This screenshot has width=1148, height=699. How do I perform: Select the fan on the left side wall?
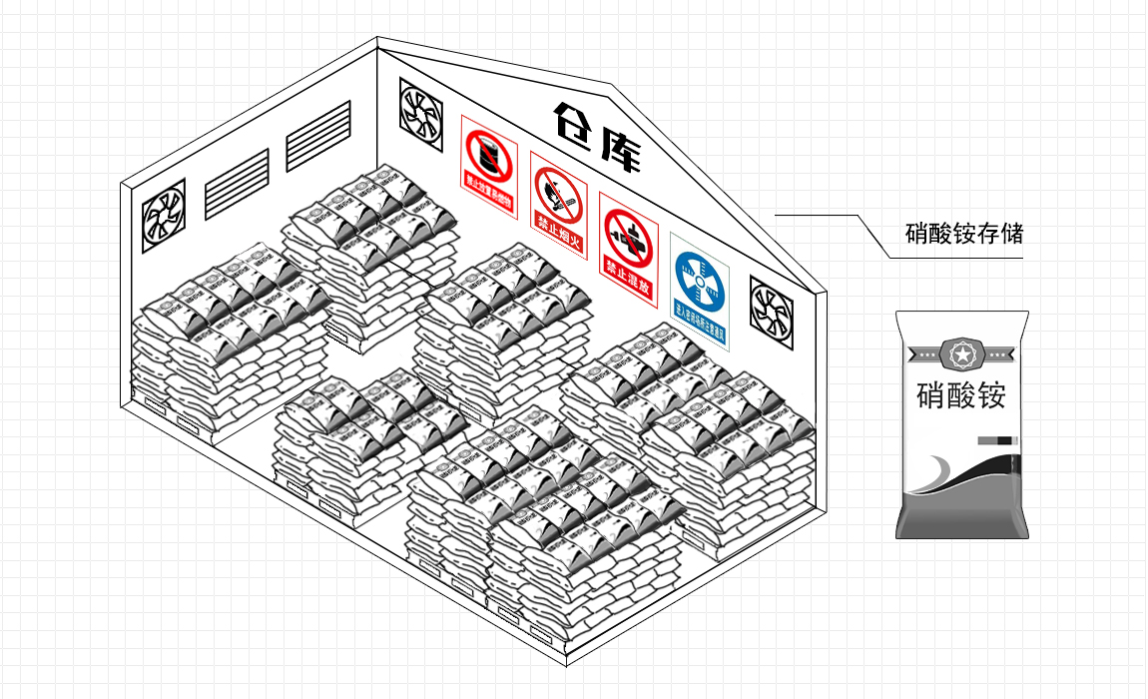coord(163,215)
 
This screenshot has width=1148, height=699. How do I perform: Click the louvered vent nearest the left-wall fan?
coord(237,183)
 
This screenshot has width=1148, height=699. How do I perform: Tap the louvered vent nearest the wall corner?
coord(318,135)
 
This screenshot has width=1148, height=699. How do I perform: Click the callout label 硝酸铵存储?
coord(963,235)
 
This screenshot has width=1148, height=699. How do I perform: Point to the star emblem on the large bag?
coord(961,352)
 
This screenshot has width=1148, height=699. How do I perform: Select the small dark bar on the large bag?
coord(995,440)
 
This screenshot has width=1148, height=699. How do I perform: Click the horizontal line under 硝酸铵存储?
coord(958,258)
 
